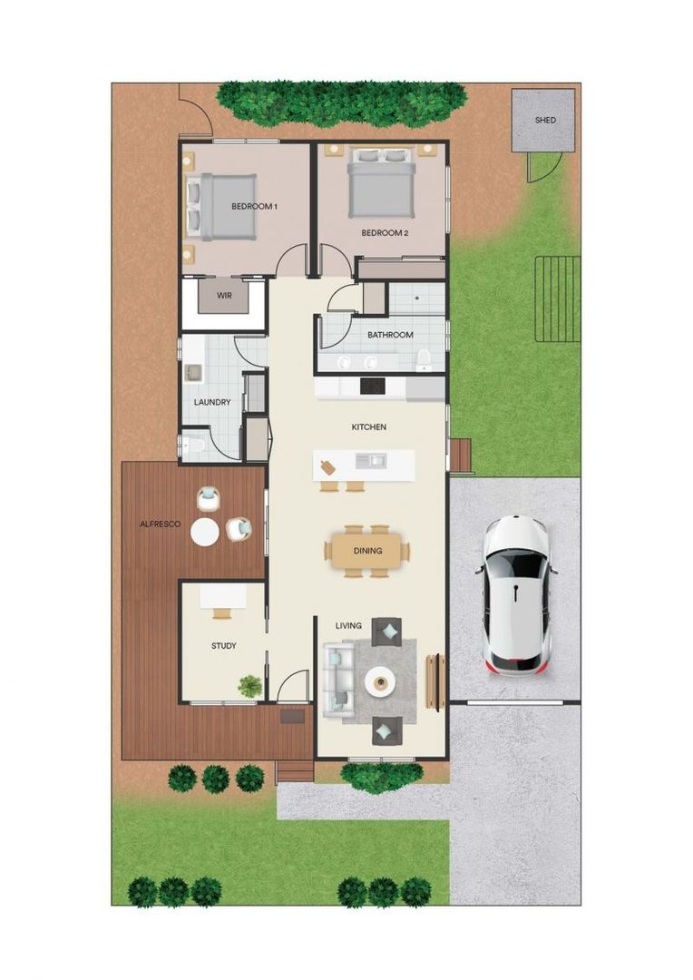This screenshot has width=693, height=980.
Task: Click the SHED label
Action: (545, 120)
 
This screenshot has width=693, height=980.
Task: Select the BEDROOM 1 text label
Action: (254, 207)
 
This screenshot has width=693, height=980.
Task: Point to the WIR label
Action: (224, 296)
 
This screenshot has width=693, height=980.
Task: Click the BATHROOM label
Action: (390, 335)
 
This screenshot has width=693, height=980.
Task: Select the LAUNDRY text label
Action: (212, 402)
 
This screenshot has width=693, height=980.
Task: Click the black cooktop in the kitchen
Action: (373, 386)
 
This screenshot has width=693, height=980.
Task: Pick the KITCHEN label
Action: (369, 426)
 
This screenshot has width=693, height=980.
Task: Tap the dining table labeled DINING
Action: (367, 551)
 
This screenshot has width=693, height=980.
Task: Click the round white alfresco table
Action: (205, 533)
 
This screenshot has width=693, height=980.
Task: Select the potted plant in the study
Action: (250, 687)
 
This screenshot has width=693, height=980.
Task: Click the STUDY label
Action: (224, 646)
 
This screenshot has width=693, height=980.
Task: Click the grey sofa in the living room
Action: (338, 680)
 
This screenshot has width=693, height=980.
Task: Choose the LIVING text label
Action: (348, 625)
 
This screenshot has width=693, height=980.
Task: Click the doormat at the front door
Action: (293, 717)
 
